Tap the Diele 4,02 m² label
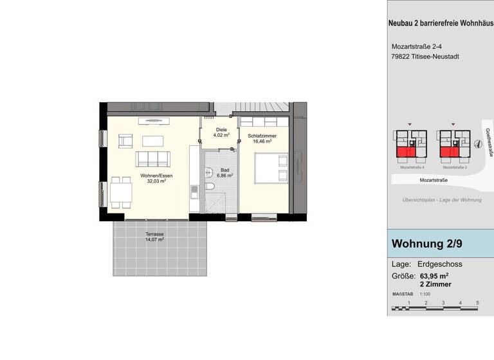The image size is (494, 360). point(221,132)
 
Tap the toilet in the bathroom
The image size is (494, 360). point(211,186)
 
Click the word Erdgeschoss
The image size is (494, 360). point(441,264)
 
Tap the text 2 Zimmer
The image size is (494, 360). point(435,284)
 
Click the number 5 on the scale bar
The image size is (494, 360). point(477,301)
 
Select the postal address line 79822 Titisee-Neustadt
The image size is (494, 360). point(425,57)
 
